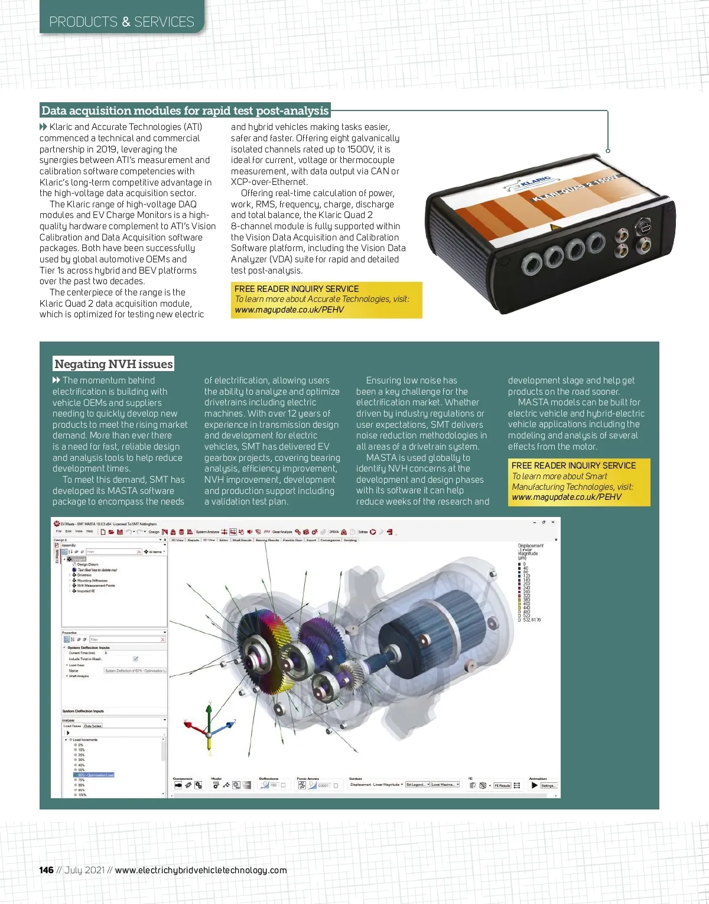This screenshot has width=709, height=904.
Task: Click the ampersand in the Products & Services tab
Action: tap(126, 22)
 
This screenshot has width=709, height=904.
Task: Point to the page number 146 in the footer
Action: tap(46, 870)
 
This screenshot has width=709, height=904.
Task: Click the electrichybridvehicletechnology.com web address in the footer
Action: tap(201, 870)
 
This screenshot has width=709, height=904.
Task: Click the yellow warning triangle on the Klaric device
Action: tap(554, 227)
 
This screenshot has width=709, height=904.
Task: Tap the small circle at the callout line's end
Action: tap(607, 151)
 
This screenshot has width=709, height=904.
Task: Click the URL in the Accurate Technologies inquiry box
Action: tap(289, 310)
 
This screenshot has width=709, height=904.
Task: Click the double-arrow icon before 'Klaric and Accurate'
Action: tap(43, 127)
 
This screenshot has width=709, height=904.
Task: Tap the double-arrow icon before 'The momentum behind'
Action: tap(56, 381)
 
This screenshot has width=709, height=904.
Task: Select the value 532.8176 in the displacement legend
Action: tap(532, 620)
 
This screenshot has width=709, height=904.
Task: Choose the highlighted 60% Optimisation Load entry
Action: tap(95, 775)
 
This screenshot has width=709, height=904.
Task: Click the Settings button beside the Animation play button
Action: tap(548, 785)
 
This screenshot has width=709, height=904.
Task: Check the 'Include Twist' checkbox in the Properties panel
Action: tap(136, 659)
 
